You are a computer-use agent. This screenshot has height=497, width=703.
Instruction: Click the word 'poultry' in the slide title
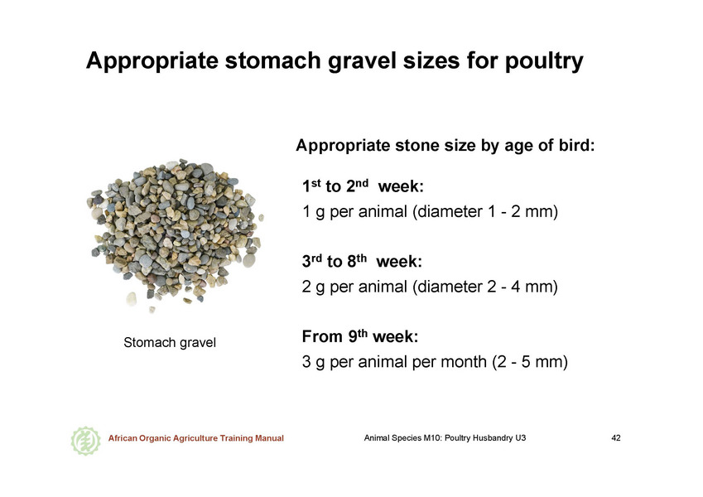(544, 61)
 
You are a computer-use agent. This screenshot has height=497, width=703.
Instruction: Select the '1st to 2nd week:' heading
(363, 186)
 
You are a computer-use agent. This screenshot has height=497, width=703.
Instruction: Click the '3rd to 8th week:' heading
(362, 261)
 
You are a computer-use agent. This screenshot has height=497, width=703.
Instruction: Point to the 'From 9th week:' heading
(360, 336)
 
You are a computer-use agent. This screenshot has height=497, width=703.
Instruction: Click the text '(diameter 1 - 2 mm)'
(485, 211)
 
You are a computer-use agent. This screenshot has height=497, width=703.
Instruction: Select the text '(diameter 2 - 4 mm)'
(485, 287)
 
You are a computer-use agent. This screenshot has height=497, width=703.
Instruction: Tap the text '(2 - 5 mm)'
(530, 361)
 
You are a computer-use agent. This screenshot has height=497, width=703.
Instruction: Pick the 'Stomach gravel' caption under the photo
(170, 343)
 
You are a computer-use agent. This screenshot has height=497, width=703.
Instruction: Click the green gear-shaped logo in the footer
(85, 441)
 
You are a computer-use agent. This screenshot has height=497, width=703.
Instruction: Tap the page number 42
(616, 438)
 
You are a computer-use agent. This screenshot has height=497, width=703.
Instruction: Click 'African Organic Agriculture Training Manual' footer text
(196, 438)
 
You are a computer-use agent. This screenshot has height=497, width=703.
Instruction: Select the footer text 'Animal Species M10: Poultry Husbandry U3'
(445, 438)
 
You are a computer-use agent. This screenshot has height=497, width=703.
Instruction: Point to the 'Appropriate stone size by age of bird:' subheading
(445, 146)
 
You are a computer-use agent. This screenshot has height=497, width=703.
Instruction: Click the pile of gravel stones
(174, 234)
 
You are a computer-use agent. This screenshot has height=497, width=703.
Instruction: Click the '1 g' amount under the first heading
(313, 212)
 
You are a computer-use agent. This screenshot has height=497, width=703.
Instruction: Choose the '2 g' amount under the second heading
(313, 287)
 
